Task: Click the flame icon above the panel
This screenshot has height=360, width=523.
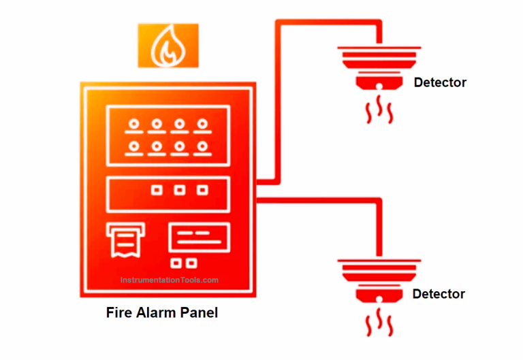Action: [168, 46]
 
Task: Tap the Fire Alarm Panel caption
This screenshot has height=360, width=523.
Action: [162, 313]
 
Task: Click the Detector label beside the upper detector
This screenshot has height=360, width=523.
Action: [440, 82]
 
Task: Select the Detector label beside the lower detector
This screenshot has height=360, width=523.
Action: [439, 294]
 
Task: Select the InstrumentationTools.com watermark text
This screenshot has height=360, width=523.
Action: [170, 280]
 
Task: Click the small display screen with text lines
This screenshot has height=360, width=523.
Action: [199, 238]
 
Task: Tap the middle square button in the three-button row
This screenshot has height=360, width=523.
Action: [180, 191]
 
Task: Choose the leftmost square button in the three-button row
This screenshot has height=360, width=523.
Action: [157, 191]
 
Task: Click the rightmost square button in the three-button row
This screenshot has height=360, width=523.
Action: [202, 191]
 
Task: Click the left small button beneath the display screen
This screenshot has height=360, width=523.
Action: [178, 262]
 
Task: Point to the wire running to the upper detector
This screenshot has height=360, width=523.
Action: [276, 102]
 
